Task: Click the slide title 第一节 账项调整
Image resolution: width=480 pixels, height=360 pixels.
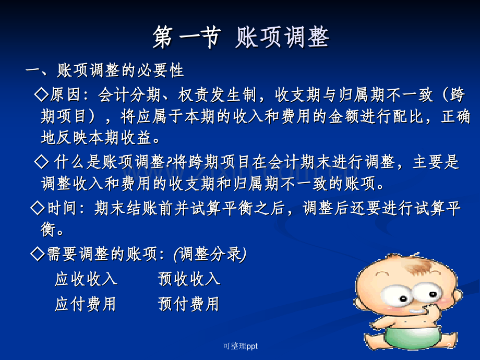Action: pyautogui.click(x=241, y=38)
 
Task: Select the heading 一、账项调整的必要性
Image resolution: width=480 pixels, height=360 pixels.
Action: pyautogui.click(x=105, y=70)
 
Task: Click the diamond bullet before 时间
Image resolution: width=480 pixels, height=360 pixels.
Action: pyautogui.click(x=38, y=208)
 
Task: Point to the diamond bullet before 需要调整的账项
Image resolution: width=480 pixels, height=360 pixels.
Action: pyautogui.click(x=38, y=254)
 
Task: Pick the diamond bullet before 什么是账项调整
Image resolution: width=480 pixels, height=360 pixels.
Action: pyautogui.click(x=42, y=161)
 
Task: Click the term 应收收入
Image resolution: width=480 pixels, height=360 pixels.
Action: pyautogui.click(x=86, y=279)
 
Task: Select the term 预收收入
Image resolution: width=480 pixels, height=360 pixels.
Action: pyautogui.click(x=189, y=279)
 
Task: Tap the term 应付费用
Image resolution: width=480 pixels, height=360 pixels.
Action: pyautogui.click(x=86, y=304)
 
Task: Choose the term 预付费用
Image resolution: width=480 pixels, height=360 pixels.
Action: pyautogui.click(x=188, y=304)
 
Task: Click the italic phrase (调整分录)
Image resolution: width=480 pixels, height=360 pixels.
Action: pyautogui.click(x=210, y=254)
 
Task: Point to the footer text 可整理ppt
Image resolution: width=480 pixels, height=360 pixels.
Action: pyautogui.click(x=241, y=346)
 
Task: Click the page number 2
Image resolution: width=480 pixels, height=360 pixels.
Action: pyautogui.click(x=449, y=346)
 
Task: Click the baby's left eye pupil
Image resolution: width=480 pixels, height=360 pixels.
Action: pyautogui.click(x=403, y=298)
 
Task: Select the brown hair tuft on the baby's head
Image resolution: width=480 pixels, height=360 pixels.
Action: pyautogui.click(x=418, y=265)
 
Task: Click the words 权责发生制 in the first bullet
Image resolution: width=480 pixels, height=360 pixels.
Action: pyautogui.click(x=217, y=94)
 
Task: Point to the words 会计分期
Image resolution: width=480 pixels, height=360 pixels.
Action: pyautogui.click(x=129, y=94)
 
